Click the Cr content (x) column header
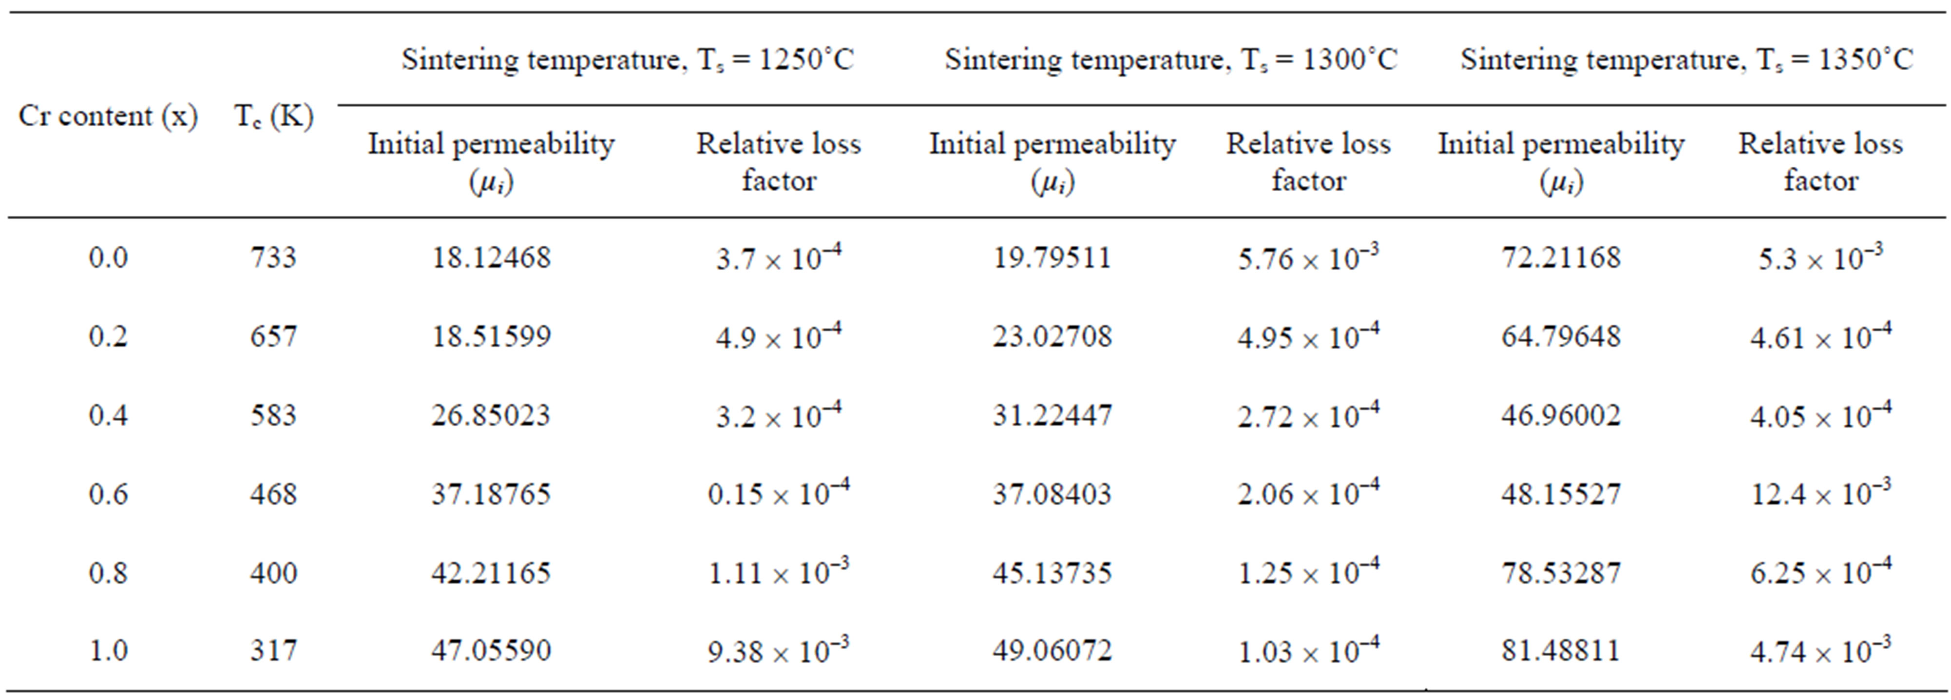coord(108,116)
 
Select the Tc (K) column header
coord(273,116)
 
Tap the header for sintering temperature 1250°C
coord(627,59)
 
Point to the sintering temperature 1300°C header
coord(1170,59)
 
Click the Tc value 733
coord(273,257)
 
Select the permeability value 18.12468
coord(491,257)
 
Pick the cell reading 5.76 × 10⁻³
coord(1308,257)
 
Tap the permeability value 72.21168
coord(1561,257)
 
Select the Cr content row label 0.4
coord(108,415)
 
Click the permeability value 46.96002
coord(1561,415)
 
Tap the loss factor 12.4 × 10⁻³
coord(1820,493)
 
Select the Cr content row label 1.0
coord(108,650)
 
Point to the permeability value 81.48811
coord(1561,650)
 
